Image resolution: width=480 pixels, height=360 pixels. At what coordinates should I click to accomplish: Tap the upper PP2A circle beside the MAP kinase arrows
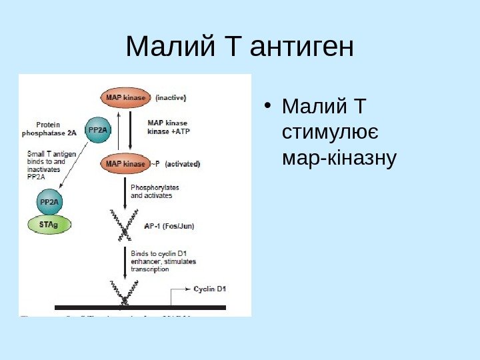[99, 130]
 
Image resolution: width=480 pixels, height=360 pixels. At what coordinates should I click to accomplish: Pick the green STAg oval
[49, 225]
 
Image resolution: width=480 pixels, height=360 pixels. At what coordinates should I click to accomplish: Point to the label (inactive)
[171, 98]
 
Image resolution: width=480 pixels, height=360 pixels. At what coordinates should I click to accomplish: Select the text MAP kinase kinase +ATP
[168, 127]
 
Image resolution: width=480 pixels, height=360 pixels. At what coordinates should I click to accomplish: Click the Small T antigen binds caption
[51, 165]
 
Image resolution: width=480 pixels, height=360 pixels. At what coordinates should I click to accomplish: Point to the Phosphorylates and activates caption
[151, 191]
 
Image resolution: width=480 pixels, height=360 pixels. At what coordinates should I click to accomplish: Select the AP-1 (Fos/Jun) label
[169, 226]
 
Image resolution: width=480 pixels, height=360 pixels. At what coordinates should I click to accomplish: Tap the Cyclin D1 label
[210, 289]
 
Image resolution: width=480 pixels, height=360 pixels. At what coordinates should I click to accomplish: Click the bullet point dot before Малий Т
[267, 105]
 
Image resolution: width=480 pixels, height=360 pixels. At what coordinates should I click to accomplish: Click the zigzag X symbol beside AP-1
[125, 225]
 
